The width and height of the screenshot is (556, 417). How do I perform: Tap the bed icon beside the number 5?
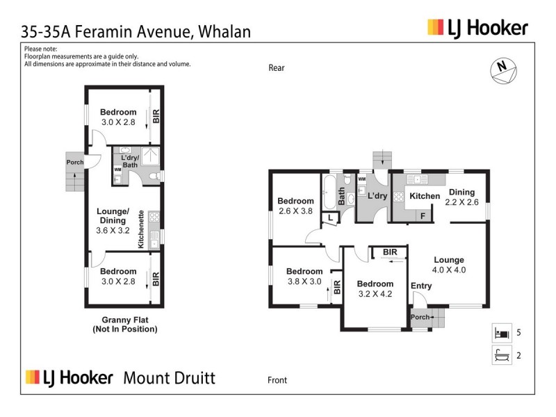click(x=501, y=332)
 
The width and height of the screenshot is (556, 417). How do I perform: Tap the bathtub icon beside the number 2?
click(x=501, y=356)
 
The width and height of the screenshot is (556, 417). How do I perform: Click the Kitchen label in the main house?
click(x=424, y=196)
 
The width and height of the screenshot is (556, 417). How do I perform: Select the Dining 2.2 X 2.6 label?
click(x=461, y=197)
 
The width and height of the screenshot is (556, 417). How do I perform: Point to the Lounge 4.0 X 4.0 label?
click(x=448, y=265)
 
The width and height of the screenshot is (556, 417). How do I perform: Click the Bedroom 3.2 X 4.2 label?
click(x=375, y=288)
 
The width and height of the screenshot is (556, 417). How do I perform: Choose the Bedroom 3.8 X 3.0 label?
click(x=304, y=276)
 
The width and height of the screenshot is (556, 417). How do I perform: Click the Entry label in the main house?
click(x=421, y=286)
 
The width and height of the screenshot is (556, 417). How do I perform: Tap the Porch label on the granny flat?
click(x=74, y=163)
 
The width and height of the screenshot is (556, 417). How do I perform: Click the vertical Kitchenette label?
click(x=140, y=229)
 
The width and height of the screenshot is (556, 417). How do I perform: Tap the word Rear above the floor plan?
click(x=277, y=67)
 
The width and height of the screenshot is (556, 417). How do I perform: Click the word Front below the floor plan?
click(x=277, y=380)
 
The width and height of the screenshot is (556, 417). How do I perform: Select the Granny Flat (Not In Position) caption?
click(x=124, y=325)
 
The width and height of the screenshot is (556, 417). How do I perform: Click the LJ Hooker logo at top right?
click(x=477, y=28)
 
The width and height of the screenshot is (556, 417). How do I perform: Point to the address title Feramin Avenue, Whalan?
click(x=136, y=31)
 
